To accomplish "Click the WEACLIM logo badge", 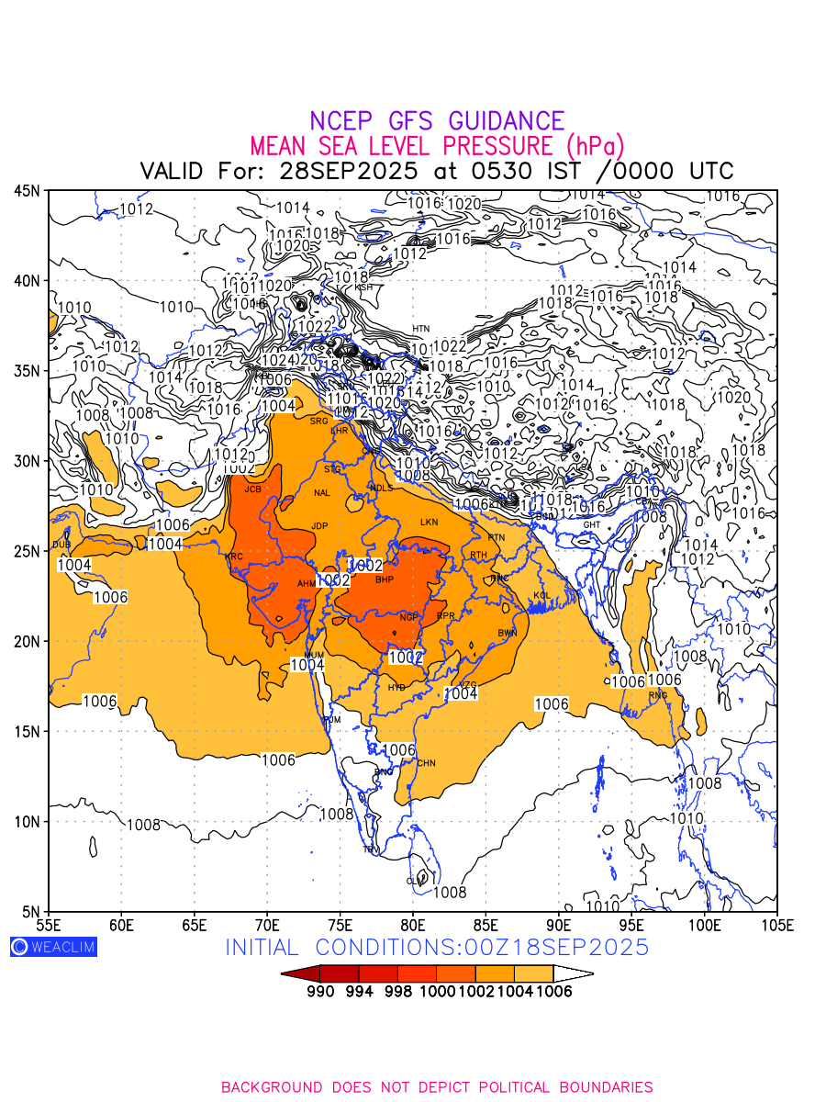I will coord(53,947).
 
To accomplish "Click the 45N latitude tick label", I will coord(27,190).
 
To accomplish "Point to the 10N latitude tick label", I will coord(27,821).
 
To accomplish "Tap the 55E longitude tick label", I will coord(49,923).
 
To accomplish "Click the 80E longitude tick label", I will coord(413,923).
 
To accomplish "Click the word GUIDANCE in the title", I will coord(506,121).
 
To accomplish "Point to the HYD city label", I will coord(396,687).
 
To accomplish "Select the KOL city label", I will coord(541,596).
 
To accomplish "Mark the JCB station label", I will coord(252,489).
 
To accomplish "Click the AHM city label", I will coord(306,583).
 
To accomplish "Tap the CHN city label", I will coord(427,763).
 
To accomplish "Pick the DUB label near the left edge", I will coord(61,545).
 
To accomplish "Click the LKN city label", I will coord(429,523).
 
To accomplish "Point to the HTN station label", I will coord(420,329).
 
